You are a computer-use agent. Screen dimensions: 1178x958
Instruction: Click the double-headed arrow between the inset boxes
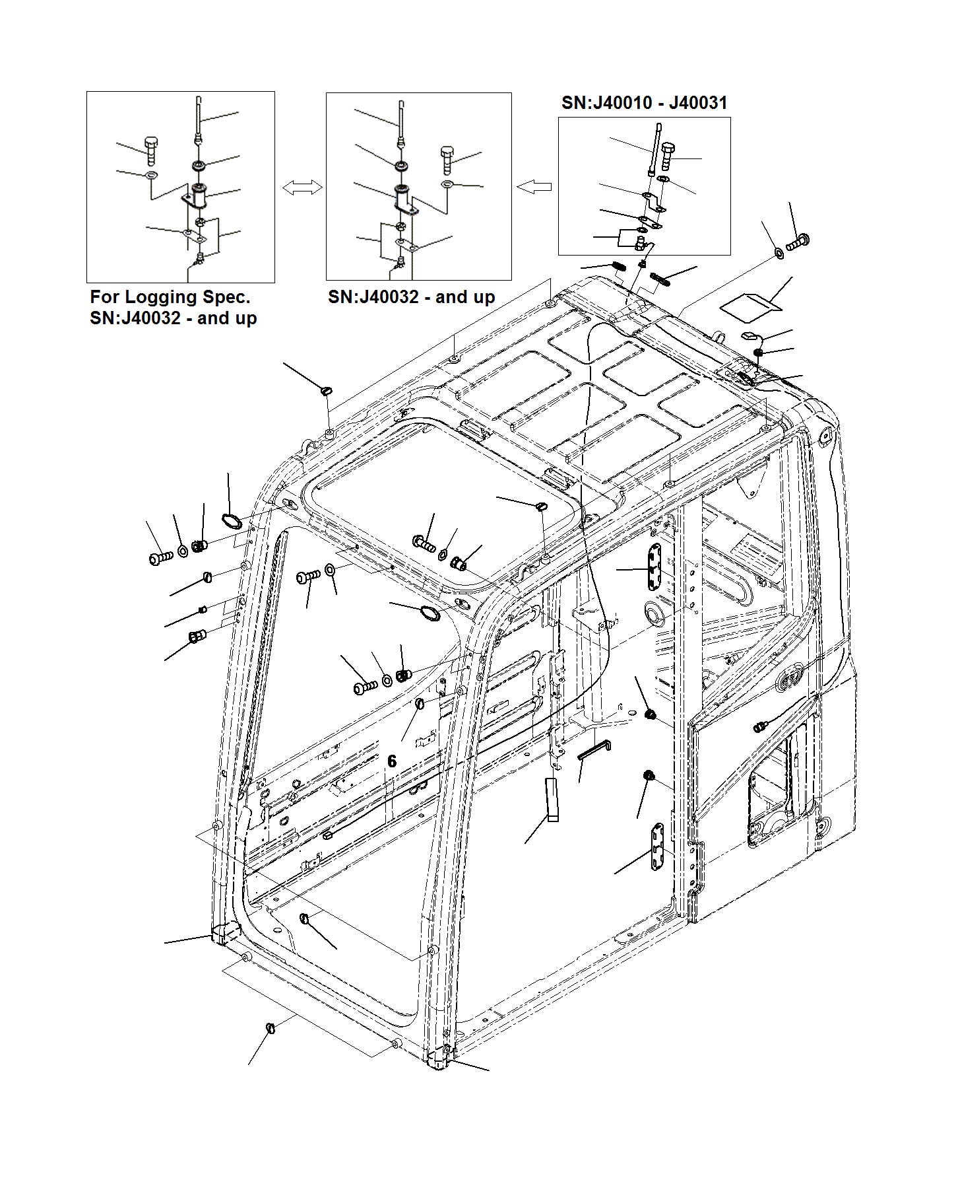coord(302,188)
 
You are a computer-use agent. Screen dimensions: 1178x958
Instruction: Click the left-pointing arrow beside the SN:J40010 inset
coord(534,188)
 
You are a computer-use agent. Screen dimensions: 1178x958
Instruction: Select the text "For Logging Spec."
coord(170,297)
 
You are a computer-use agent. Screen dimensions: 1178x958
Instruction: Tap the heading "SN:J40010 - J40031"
coord(644,103)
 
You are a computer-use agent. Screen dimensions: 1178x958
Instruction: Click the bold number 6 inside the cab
coord(392,761)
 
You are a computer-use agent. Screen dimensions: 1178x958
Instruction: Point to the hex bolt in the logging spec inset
coord(150,151)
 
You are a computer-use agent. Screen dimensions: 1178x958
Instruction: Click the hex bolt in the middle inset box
coord(447,159)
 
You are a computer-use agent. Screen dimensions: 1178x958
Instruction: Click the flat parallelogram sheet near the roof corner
coord(750,304)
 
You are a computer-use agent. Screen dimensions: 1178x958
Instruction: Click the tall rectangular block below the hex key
coord(552,799)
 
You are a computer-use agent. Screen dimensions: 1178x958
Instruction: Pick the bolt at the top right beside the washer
coord(798,242)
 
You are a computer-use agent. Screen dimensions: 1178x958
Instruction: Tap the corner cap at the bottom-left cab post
coord(224,933)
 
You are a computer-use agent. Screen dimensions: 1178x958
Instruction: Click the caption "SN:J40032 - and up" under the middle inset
coord(411,297)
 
